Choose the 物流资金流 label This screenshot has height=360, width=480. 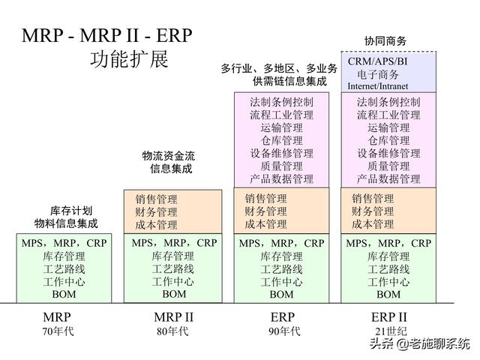point(169,156)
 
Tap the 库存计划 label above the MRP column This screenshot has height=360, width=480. point(66,211)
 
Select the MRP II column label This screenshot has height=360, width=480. point(173,317)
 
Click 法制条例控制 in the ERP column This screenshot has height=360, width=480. point(282,102)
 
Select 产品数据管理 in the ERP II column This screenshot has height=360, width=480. point(388,179)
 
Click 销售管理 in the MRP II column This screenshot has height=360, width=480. point(157,199)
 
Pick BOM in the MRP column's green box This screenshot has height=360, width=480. point(64,295)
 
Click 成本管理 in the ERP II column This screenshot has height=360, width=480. point(373,224)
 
